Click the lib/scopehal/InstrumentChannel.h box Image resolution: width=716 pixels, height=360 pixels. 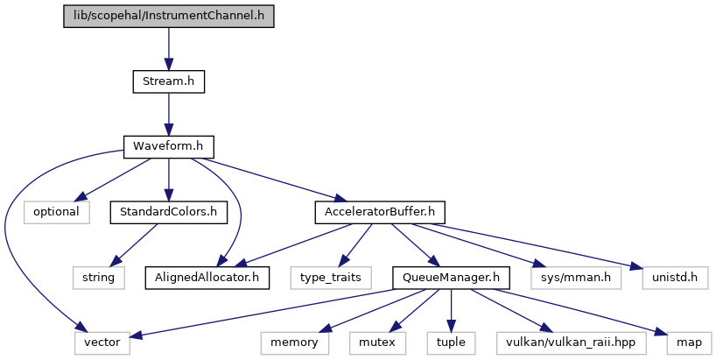tap(169, 16)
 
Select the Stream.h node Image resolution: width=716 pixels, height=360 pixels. tap(169, 81)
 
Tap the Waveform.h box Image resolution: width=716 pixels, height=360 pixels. tap(169, 147)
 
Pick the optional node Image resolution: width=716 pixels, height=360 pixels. tap(57, 213)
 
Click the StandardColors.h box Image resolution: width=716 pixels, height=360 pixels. tap(169, 213)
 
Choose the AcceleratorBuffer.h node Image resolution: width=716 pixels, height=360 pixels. tap(380, 213)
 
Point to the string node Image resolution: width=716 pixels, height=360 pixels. tap(99, 278)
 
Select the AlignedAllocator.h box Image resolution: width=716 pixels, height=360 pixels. tap(207, 278)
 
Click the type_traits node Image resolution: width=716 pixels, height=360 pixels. tap(331, 278)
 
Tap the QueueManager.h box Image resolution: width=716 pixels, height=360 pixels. tap(451, 278)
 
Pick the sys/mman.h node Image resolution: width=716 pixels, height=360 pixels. tap(576, 278)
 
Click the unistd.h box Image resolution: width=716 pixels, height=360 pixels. tap(675, 278)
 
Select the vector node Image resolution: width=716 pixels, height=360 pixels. tap(102, 343)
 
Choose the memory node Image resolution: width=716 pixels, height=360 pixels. tap(294, 343)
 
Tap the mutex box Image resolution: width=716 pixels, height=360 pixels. tap(377, 343)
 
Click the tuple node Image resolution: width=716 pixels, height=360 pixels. tap(451, 343)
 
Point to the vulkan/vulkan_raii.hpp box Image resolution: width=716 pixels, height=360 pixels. tap(572, 343)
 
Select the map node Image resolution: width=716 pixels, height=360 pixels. tap(689, 343)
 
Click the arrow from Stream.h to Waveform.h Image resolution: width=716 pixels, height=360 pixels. tap(169, 115)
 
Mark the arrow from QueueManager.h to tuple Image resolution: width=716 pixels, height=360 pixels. tap(451, 311)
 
